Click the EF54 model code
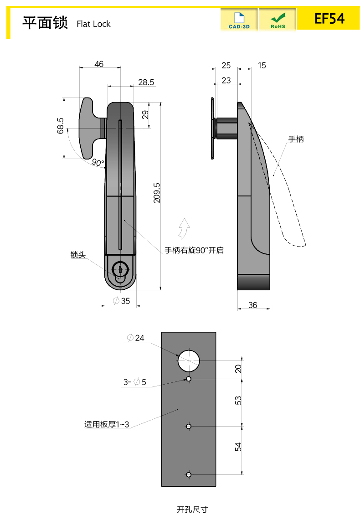point(329,19)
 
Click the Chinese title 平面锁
point(45,22)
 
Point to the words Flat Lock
point(93,24)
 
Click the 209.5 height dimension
point(157,193)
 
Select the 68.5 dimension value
point(60,126)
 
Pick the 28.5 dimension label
point(146,82)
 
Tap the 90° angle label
point(98,162)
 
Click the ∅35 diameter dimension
point(121,300)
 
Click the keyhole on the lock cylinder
point(120,269)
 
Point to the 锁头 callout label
point(78,255)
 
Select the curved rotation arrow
point(184,228)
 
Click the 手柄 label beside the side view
point(296,139)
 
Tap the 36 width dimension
point(253,305)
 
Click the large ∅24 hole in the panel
point(189,360)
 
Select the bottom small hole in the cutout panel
point(189,474)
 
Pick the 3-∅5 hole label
point(134,382)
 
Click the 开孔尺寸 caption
point(192,509)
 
